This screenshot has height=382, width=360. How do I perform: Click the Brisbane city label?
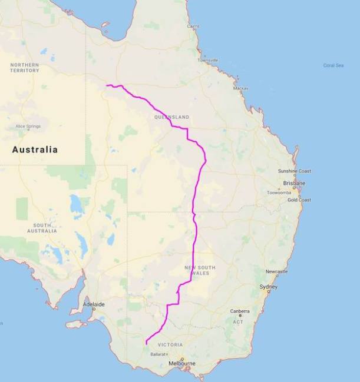294,183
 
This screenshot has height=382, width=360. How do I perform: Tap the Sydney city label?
268,287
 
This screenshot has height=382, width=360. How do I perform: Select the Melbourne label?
181,363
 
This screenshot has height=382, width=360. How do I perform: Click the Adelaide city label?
94,304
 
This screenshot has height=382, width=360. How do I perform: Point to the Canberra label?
240,311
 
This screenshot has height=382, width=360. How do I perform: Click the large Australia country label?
35,150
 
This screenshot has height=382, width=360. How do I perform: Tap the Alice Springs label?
28,126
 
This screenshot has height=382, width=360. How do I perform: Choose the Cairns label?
193,26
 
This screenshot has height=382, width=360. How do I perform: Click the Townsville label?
208,60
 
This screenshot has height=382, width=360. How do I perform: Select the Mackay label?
240,88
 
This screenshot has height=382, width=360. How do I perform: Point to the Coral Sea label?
333,65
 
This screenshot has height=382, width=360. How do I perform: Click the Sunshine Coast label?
295,171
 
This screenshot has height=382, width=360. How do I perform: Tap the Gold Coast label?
299,200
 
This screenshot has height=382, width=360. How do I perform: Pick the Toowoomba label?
279,192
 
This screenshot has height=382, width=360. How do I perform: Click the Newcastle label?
276,271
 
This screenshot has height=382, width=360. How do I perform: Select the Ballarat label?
158,354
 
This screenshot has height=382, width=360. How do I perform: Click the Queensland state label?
171,117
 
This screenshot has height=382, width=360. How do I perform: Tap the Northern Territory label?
25,68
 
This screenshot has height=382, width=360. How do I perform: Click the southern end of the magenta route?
146,343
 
